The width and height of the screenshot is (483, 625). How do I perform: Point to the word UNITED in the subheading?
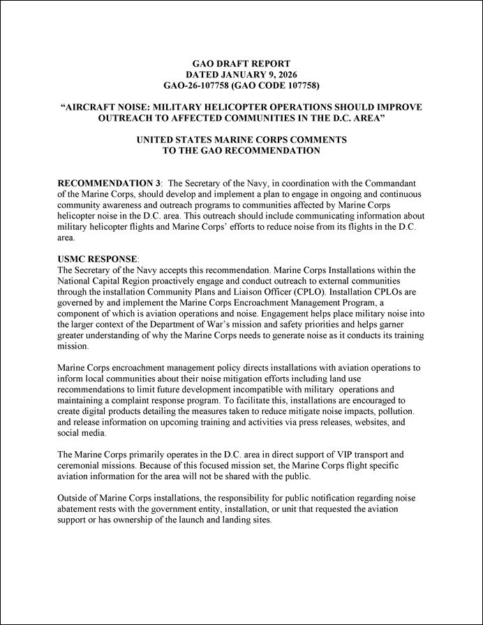[158, 140]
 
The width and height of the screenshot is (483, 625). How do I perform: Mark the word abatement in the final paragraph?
[84, 509]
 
